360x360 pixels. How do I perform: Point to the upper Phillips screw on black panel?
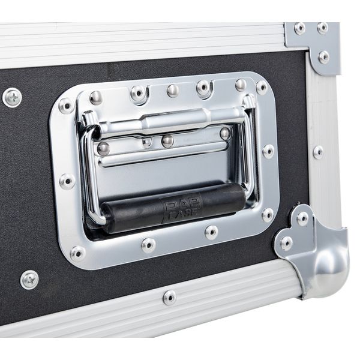point(12,97)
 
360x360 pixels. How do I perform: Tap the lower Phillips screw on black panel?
point(29,279)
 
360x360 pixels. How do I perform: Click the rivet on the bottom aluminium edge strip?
point(170,296)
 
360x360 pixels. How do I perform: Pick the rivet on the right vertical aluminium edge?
point(318,152)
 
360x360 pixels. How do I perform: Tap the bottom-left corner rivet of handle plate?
point(77,253)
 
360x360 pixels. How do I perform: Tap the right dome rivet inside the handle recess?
point(224,133)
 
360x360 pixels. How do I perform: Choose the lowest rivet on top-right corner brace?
point(324,57)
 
